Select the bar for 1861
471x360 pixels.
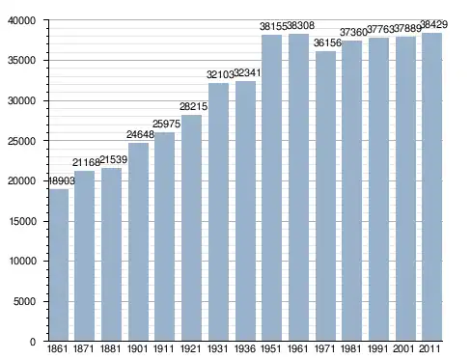click(59, 264)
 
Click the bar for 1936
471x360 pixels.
click(245, 210)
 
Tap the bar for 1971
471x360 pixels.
click(325, 196)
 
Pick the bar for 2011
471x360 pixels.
click(432, 186)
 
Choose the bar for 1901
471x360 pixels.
click(138, 241)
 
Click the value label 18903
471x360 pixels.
click(61, 180)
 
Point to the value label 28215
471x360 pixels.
click(193, 106)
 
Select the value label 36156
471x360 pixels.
click(327, 42)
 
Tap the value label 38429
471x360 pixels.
click(434, 24)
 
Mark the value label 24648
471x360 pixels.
click(140, 134)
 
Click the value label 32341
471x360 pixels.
click(247, 73)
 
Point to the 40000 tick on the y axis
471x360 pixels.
click(22, 20)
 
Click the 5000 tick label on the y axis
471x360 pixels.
click(24, 301)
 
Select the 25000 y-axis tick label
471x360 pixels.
click(22, 141)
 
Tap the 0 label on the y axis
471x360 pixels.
click(33, 342)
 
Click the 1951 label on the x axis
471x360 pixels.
click(271, 348)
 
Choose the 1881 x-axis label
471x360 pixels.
click(111, 348)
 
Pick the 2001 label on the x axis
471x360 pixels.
click(403, 348)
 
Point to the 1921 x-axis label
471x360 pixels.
click(191, 348)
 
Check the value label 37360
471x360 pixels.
click(354, 32)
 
